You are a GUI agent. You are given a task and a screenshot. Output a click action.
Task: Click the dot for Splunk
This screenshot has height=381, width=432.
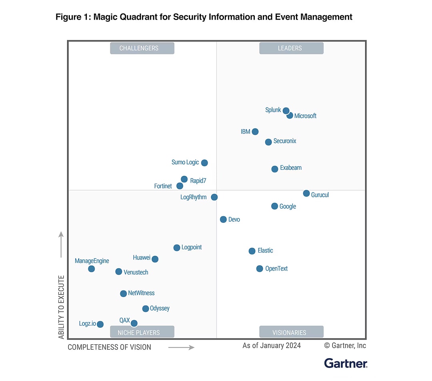pyautogui.click(x=286, y=111)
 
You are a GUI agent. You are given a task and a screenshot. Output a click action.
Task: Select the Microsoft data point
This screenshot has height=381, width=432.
pyautogui.click(x=290, y=116)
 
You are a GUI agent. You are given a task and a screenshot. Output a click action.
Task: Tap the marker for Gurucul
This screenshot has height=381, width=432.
pyautogui.click(x=306, y=193)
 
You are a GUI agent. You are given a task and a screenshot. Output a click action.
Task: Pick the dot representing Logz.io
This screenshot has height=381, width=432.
pyautogui.click(x=100, y=324)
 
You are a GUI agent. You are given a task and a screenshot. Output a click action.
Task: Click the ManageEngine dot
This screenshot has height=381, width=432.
pyautogui.click(x=92, y=269)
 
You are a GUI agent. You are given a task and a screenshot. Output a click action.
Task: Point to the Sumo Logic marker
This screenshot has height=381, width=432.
pyautogui.click(x=204, y=162)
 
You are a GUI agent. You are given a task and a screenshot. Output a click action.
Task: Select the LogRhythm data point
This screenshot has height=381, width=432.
pyautogui.click(x=214, y=197)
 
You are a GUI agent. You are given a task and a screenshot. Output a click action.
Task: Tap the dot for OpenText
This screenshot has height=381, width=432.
pyautogui.click(x=260, y=269)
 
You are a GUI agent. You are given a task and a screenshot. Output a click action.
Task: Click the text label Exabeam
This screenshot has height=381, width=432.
pyautogui.click(x=291, y=168)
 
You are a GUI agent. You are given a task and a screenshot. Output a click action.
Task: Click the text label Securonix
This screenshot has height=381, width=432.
pyautogui.click(x=285, y=141)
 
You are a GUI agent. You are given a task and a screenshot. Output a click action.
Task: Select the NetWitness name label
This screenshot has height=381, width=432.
pyautogui.click(x=141, y=293)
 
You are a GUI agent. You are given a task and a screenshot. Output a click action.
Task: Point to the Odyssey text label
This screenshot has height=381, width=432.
pyautogui.click(x=160, y=308)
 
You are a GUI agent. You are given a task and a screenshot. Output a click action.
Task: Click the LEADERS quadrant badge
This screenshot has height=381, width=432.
pyautogui.click(x=291, y=48)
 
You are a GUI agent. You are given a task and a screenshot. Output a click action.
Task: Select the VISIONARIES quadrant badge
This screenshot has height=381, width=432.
pyautogui.click(x=291, y=332)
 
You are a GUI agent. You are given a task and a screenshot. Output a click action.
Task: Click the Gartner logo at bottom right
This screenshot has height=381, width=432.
pyautogui.click(x=346, y=363)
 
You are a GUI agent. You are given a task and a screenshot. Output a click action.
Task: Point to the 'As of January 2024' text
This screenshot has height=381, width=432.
pyautogui.click(x=272, y=345)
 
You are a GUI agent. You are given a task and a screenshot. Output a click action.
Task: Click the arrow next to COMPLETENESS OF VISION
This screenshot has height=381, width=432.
pyautogui.click(x=181, y=347)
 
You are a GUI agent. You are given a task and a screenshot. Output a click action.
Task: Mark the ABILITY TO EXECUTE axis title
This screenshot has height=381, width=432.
pyautogui.click(x=62, y=307)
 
